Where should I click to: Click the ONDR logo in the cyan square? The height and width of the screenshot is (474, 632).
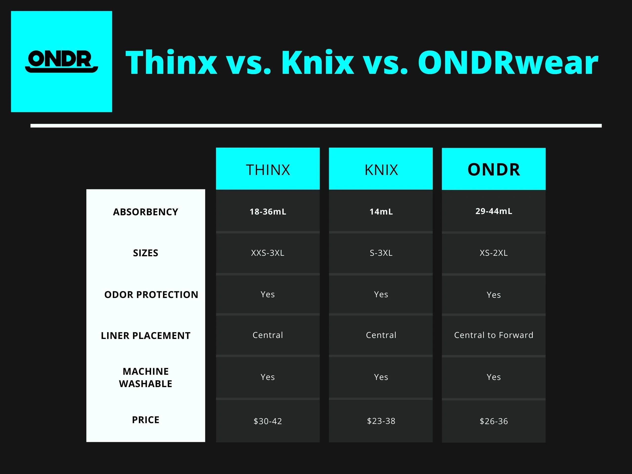pos(61,61)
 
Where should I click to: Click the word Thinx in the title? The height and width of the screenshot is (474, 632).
pos(171,62)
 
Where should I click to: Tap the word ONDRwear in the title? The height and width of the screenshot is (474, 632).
pos(508,62)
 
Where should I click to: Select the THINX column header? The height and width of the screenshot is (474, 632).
pos(268,169)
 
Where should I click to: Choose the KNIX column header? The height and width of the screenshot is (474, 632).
pos(381,169)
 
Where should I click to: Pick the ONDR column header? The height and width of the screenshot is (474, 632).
pos(494,169)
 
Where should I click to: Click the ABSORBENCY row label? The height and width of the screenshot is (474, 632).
pos(145,212)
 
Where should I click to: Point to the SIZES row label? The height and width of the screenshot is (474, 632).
pos(145,253)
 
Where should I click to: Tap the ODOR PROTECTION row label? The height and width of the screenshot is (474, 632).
pos(151,295)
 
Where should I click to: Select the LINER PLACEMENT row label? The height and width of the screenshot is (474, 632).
pos(145,336)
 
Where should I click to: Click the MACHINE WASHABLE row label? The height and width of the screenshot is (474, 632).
pos(145,377)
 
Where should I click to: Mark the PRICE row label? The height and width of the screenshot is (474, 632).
pos(145,420)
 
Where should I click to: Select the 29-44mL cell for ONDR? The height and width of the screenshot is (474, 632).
pos(494,211)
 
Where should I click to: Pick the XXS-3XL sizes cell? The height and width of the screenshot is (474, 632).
pos(268,253)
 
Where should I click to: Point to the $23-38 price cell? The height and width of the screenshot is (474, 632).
pos(381,421)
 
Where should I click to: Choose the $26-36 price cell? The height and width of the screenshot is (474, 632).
pos(494,421)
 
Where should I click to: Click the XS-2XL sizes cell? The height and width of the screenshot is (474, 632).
pos(494,253)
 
